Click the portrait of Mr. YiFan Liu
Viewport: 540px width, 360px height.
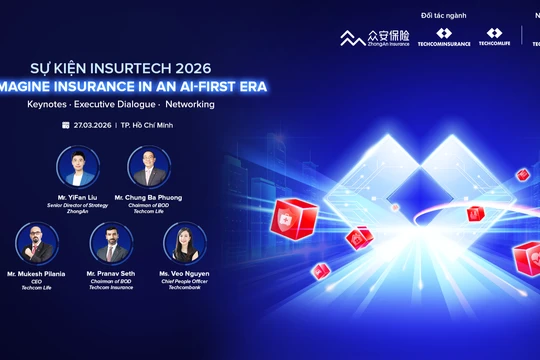point(76,165)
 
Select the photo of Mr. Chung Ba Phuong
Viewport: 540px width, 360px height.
point(149,165)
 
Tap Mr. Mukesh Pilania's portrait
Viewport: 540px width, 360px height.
point(36,243)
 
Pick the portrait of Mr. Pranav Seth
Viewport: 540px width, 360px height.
point(111,243)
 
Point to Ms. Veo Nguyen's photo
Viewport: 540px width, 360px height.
point(185,243)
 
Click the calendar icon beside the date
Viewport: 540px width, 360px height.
point(66,126)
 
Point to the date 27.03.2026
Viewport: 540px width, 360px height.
point(92,126)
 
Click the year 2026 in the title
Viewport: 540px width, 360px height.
point(189,67)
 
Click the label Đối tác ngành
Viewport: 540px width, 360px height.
point(443,15)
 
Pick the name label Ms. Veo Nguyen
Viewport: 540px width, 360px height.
point(185,273)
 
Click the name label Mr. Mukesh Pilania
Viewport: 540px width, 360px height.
point(36,273)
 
